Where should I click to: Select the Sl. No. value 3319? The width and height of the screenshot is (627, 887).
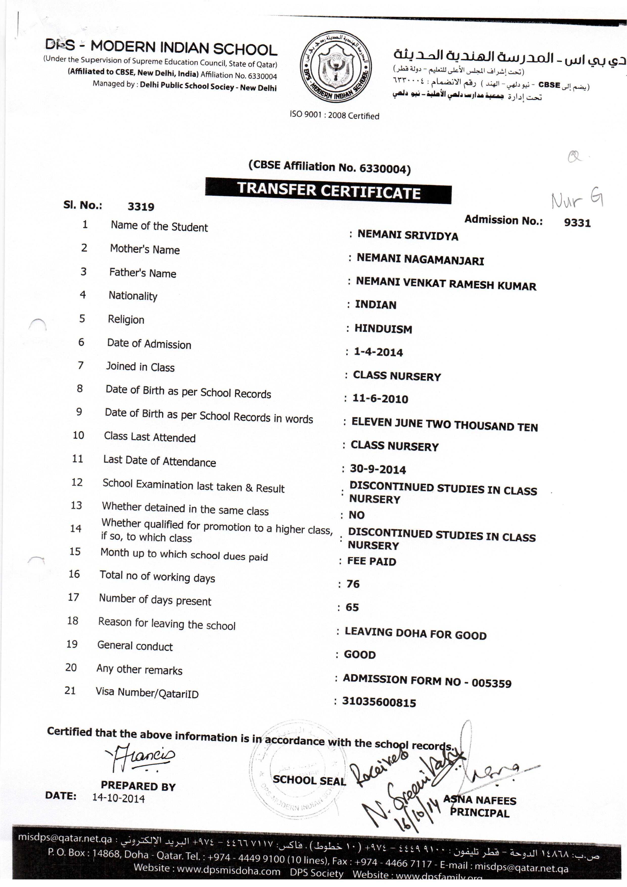click(141, 207)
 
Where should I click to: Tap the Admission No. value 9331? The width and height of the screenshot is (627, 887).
click(577, 223)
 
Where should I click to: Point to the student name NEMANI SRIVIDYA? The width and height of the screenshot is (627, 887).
click(408, 235)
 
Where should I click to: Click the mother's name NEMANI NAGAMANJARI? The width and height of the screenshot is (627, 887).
click(420, 259)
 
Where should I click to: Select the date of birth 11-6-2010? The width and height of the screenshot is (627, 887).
click(380, 399)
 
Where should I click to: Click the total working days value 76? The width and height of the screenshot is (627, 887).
click(353, 584)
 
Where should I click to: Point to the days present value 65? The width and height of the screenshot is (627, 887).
click(352, 607)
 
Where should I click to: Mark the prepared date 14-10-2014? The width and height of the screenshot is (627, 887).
click(119, 798)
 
